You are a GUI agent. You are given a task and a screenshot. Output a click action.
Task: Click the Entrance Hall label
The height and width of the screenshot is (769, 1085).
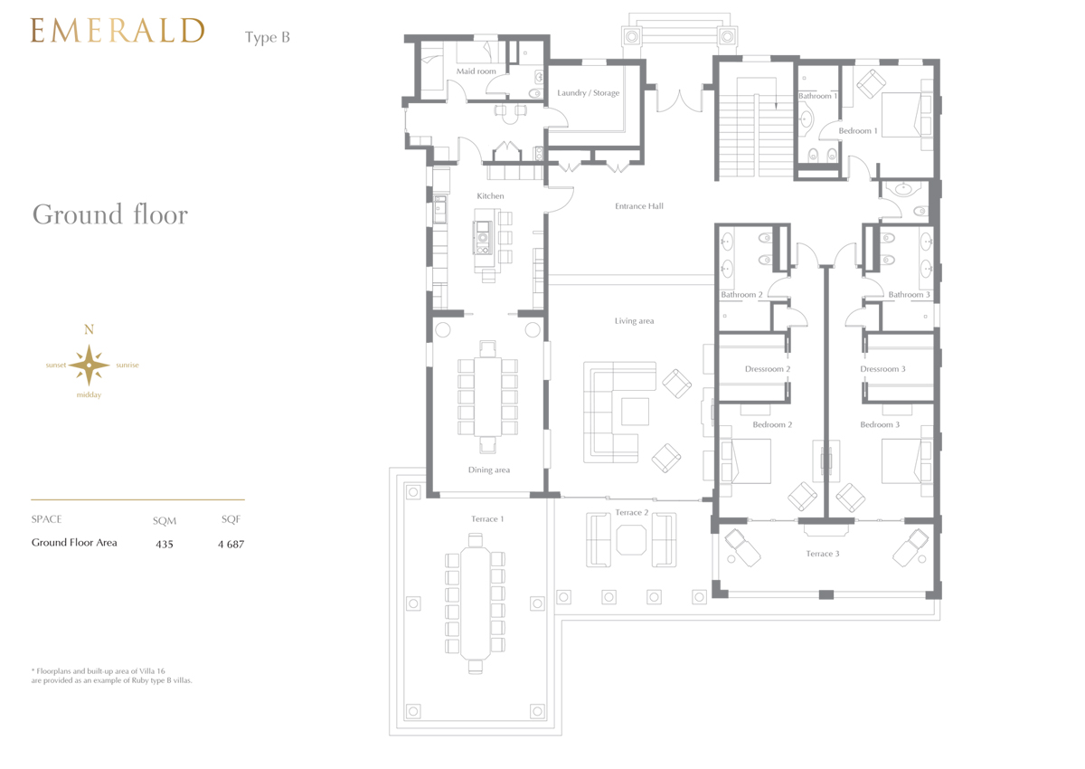(x=639, y=206)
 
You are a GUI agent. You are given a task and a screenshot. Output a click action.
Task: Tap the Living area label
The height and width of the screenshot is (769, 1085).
(x=634, y=321)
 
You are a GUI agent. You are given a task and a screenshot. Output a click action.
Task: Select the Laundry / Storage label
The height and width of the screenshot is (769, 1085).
(x=588, y=92)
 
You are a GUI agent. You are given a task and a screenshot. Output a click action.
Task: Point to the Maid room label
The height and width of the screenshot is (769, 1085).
(x=476, y=71)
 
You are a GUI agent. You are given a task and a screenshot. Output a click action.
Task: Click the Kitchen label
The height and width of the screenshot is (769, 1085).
(x=490, y=195)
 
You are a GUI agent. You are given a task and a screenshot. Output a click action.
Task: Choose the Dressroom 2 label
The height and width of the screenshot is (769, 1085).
(x=768, y=369)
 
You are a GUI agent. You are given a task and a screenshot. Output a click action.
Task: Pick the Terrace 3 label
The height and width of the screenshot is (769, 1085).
(x=823, y=554)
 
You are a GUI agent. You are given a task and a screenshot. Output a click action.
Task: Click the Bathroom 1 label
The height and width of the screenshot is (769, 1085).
(x=817, y=96)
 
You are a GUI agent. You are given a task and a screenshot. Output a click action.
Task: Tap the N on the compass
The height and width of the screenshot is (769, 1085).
(x=89, y=329)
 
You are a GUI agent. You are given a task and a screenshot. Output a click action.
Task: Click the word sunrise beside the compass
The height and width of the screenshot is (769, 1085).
(x=127, y=365)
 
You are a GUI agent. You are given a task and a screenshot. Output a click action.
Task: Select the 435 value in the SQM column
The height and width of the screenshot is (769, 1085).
(x=165, y=544)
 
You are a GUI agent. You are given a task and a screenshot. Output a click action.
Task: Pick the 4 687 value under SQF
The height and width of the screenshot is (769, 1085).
(x=231, y=544)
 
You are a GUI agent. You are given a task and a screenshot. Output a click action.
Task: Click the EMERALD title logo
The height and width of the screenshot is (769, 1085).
(x=118, y=31)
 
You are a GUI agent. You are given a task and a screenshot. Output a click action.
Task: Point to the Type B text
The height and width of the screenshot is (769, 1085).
(x=268, y=37)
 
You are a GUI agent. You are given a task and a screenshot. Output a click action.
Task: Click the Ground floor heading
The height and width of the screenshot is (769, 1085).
(x=110, y=214)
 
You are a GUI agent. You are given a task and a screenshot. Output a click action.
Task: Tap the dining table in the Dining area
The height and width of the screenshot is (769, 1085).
(x=487, y=397)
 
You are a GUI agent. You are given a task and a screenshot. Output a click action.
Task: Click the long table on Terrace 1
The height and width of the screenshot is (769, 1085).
(x=476, y=603)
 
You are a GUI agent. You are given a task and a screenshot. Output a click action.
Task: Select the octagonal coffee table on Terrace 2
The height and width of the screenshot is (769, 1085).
(x=631, y=540)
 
